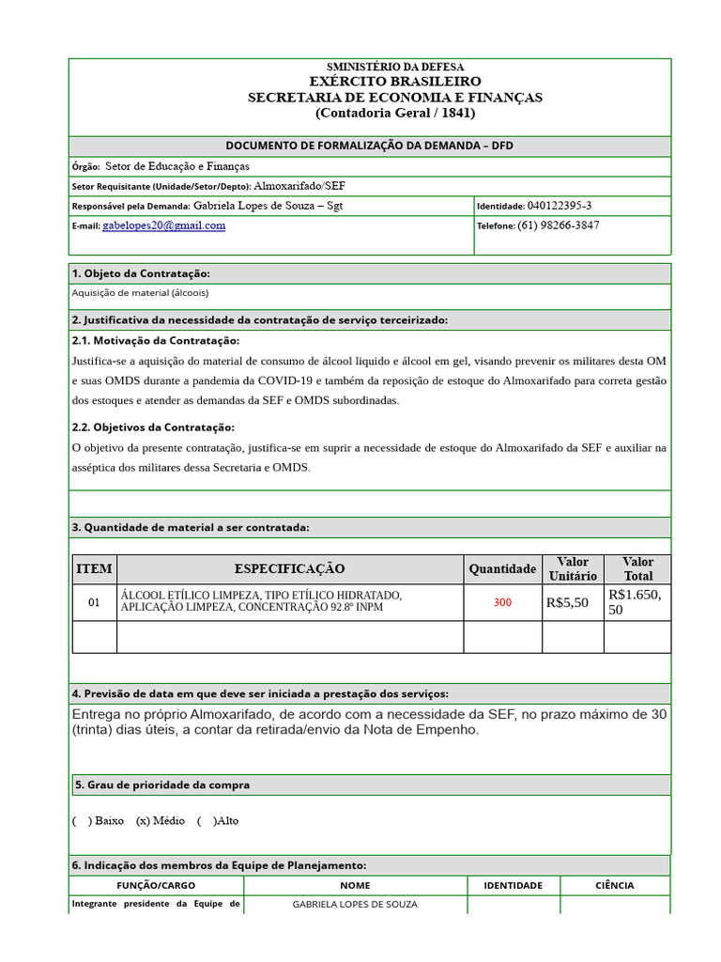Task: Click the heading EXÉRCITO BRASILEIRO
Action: pyautogui.click(x=395, y=82)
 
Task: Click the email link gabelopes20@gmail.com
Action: pyautogui.click(x=163, y=225)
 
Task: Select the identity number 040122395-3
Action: pyautogui.click(x=560, y=206)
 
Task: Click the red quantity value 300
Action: pyautogui.click(x=502, y=602)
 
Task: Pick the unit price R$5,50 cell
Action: pyautogui.click(x=567, y=602)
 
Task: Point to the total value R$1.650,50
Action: pyautogui.click(x=636, y=602)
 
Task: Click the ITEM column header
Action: pyautogui.click(x=94, y=569)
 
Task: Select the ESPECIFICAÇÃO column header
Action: pyautogui.click(x=289, y=569)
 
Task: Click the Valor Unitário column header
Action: pyautogui.click(x=573, y=569)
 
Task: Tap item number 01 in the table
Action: pyautogui.click(x=94, y=602)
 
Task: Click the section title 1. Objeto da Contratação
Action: pyautogui.click(x=141, y=273)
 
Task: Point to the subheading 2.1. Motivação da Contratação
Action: pyautogui.click(x=156, y=340)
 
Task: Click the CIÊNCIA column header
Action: pyautogui.click(x=615, y=885)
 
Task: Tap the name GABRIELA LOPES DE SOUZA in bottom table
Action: pyautogui.click(x=355, y=905)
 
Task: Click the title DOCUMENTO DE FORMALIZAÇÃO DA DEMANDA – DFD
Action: pyautogui.click(x=369, y=146)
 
